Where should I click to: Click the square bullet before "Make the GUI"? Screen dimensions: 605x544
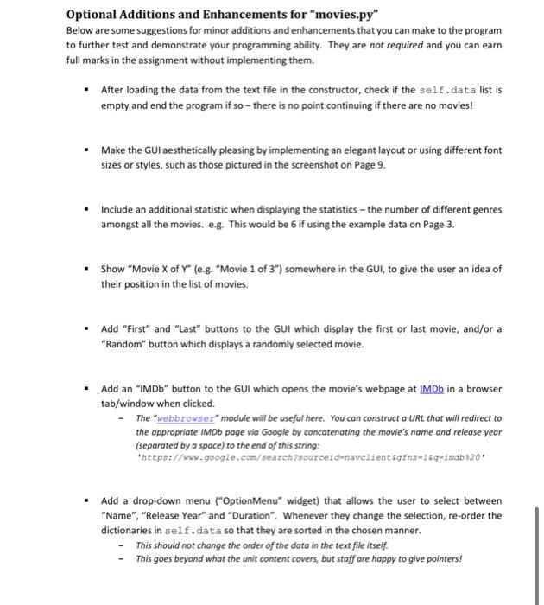(86, 150)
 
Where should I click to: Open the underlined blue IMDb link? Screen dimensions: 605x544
(435, 389)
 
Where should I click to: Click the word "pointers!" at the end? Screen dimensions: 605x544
(440, 557)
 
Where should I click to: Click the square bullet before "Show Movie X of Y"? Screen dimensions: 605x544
(86, 269)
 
